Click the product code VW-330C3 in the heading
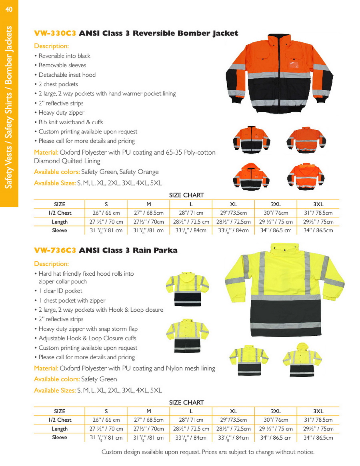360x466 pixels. [x=55, y=34]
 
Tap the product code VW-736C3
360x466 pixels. [x=55, y=251]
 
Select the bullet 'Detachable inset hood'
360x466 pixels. [x=67, y=75]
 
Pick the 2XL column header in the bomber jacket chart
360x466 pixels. [x=276, y=204]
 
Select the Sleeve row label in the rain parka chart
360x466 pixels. [x=60, y=438]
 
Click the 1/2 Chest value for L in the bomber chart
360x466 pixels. [x=191, y=213]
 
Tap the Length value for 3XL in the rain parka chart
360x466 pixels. [x=318, y=429]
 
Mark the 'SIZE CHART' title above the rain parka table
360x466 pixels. [x=186, y=402]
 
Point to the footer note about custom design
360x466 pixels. [x=208, y=452]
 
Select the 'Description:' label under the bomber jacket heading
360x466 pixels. [x=51, y=46]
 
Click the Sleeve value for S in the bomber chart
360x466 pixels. [x=106, y=231]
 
